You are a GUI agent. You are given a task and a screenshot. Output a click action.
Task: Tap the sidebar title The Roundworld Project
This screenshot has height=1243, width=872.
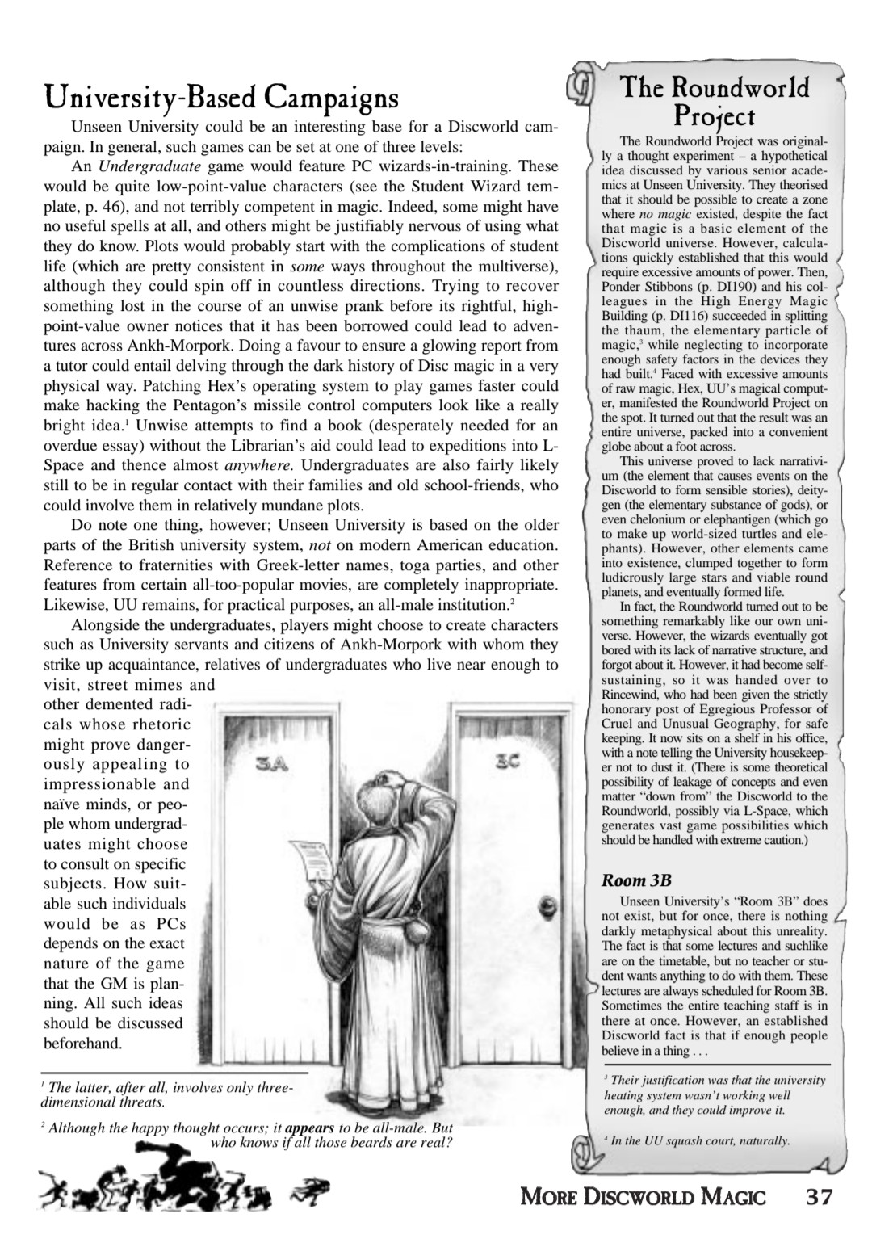coord(713,99)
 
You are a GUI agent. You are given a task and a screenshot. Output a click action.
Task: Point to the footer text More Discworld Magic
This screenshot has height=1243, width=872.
coord(643,1197)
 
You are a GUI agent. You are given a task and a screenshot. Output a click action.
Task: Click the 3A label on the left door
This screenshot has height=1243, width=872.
coord(270,763)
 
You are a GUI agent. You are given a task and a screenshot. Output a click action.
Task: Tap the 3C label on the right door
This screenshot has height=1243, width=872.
coord(507,761)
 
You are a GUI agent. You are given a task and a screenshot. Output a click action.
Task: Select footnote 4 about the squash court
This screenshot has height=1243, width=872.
coord(698,1140)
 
